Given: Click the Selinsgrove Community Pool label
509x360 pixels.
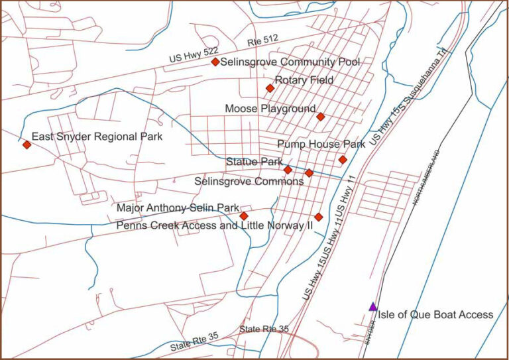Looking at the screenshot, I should [x=290, y=62].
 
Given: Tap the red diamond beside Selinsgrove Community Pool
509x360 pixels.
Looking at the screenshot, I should [x=215, y=62].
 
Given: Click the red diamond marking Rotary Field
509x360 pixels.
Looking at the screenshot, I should [x=270, y=88].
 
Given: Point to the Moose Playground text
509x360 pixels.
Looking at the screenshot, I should [x=270, y=109].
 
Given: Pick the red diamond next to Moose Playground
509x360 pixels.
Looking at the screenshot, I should [x=321, y=117].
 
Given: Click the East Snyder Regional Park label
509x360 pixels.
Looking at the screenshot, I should [x=97, y=136].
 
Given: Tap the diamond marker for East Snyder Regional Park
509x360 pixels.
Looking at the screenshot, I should [x=27, y=145].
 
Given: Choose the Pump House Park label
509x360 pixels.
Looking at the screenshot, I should [x=321, y=144].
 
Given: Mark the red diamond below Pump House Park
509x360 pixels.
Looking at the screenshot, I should [x=343, y=160].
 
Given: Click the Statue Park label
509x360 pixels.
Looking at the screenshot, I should [x=254, y=162].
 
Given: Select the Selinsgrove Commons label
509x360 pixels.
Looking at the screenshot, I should [x=249, y=181].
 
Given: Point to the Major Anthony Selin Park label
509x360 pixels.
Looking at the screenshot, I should [x=178, y=208].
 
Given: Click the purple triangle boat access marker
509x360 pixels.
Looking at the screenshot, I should [x=373, y=306].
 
